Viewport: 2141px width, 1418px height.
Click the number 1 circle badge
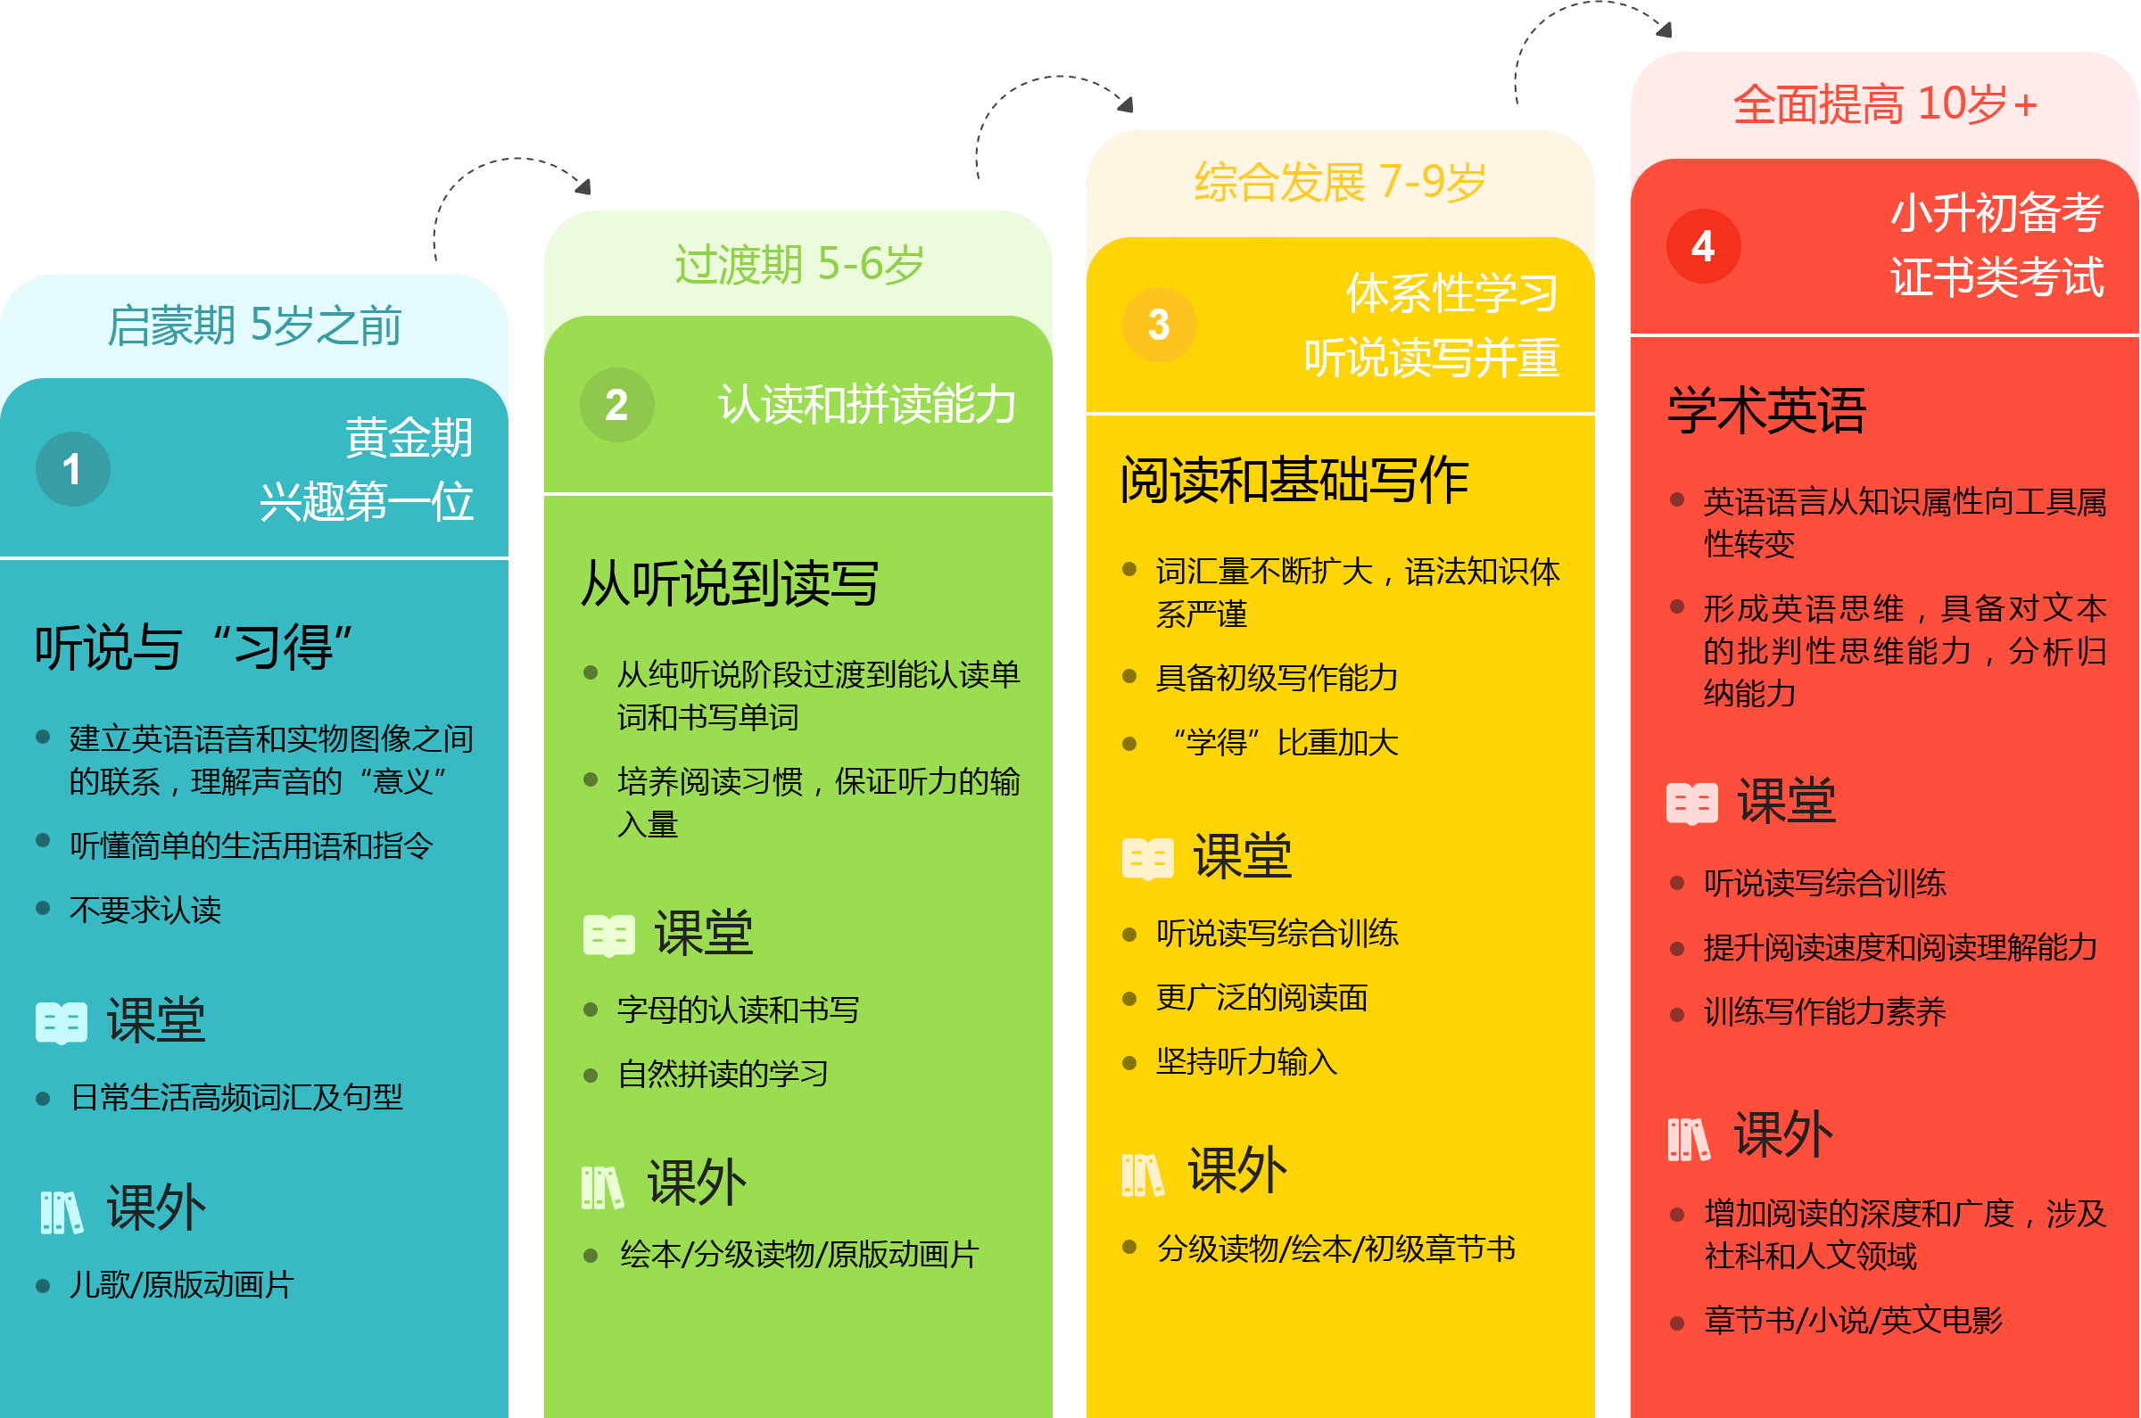click(72, 468)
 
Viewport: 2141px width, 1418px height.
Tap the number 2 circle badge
click(617, 404)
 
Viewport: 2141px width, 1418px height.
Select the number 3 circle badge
click(1159, 325)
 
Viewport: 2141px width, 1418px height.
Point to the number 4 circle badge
click(1703, 246)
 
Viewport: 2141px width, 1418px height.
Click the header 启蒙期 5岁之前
click(254, 326)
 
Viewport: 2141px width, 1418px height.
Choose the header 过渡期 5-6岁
click(798, 264)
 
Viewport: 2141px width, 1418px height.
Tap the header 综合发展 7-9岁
click(1340, 182)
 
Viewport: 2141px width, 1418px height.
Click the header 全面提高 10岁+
click(1885, 104)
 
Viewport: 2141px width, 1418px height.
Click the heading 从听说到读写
click(729, 583)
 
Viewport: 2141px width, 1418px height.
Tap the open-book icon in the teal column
click(62, 1023)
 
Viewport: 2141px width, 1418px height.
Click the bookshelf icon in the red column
click(1689, 1139)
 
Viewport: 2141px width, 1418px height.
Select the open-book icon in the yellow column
click(1147, 858)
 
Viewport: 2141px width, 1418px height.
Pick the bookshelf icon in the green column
click(602, 1187)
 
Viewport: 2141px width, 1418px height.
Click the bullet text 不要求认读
click(145, 910)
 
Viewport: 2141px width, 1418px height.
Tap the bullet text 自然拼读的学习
click(723, 1075)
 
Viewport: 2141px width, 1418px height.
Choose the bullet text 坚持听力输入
click(1246, 1061)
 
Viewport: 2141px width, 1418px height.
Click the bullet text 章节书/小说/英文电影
click(1854, 1320)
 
